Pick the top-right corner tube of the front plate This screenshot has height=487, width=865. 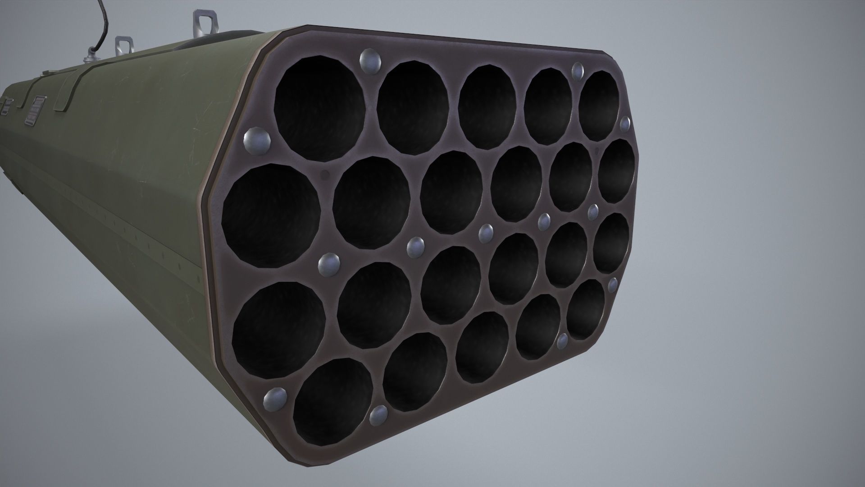coord(599,106)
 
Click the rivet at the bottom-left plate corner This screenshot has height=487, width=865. coord(275,397)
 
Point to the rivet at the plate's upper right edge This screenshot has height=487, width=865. coord(625,123)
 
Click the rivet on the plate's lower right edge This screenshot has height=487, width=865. coord(612,285)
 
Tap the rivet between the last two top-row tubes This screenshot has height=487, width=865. coord(577,70)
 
